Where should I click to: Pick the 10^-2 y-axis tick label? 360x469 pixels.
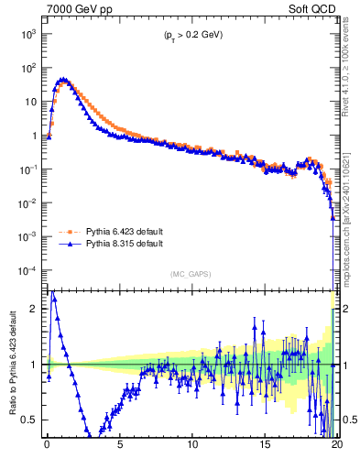(x=27, y=202)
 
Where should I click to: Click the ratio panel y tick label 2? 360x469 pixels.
(x=34, y=309)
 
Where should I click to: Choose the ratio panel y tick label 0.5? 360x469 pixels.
(x=30, y=420)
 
